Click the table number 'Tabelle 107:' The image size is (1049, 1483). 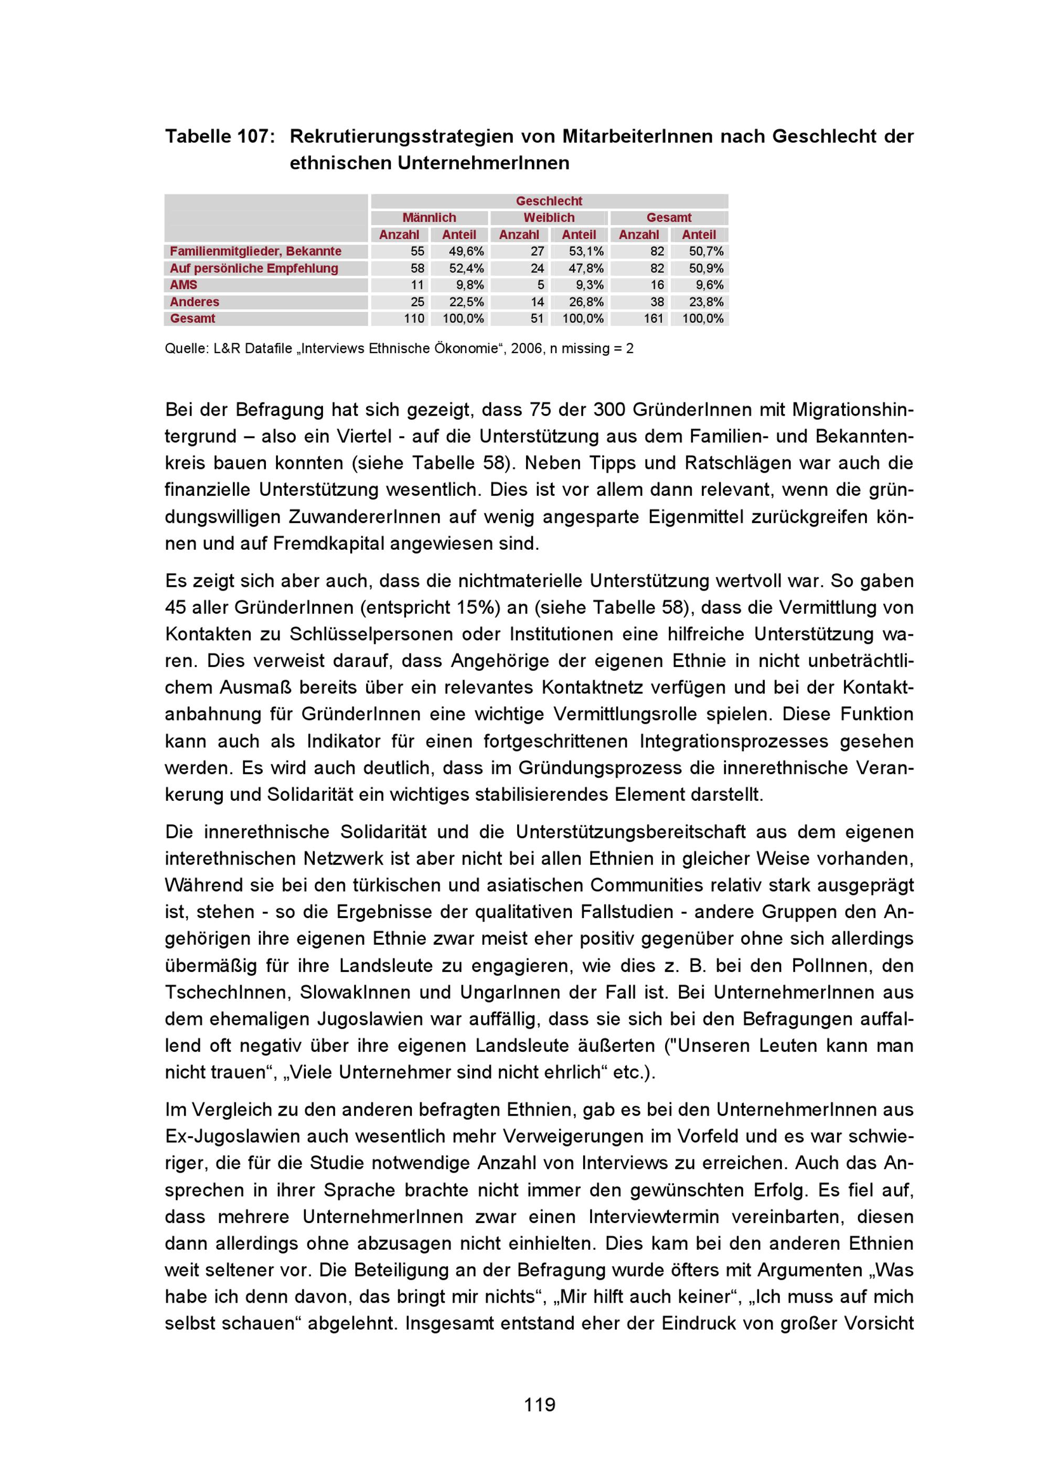(x=220, y=136)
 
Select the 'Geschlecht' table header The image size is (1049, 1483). (x=549, y=201)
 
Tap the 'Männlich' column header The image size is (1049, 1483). (x=429, y=217)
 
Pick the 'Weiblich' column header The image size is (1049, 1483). (x=549, y=217)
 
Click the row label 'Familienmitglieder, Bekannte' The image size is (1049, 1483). (x=255, y=251)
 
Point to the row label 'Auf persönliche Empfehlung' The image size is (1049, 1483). (x=253, y=268)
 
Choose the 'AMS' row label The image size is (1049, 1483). (x=184, y=285)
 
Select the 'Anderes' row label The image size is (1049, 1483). (x=195, y=302)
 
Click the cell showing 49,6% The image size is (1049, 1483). (x=466, y=251)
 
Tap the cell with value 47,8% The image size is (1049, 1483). (x=586, y=268)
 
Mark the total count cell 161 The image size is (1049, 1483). (x=654, y=319)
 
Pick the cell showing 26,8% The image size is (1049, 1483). (x=586, y=302)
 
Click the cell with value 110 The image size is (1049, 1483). (x=414, y=319)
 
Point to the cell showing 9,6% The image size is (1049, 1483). (x=709, y=285)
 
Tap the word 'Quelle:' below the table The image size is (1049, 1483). (x=186, y=349)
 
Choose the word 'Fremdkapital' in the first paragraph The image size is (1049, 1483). (x=328, y=543)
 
